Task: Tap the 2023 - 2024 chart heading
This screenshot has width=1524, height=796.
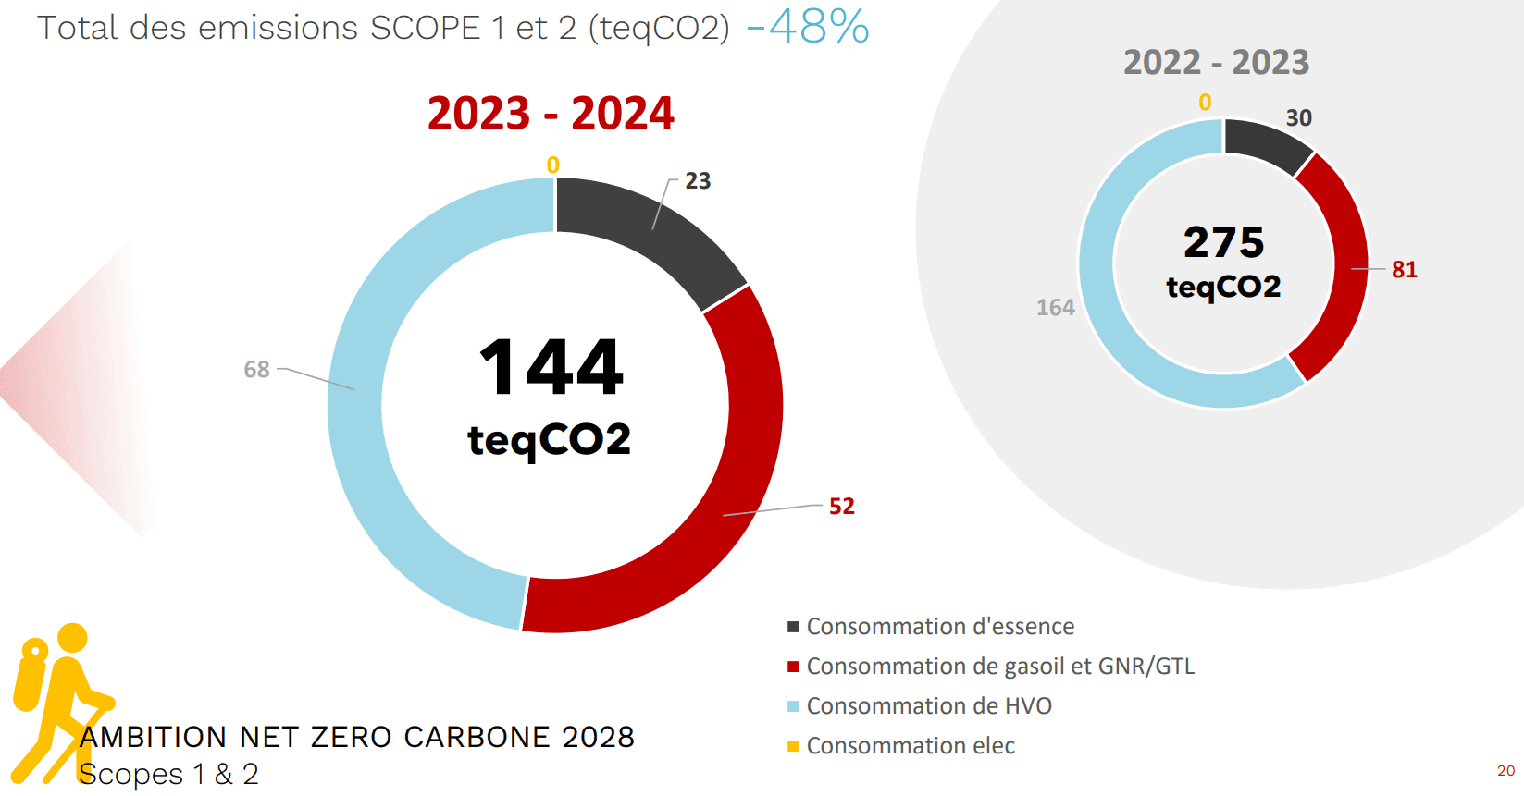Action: tap(551, 114)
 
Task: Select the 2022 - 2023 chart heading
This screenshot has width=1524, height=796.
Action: tap(1216, 63)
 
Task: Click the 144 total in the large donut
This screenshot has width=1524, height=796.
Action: tap(551, 367)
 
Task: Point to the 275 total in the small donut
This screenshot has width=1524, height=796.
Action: tap(1223, 242)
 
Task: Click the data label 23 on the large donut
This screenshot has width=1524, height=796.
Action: tap(698, 181)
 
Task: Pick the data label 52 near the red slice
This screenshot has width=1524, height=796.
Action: tap(841, 507)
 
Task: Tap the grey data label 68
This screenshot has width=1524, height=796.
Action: tap(256, 370)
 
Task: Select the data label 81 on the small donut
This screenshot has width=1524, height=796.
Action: tap(1404, 270)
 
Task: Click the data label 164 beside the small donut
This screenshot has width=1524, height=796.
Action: tap(1055, 308)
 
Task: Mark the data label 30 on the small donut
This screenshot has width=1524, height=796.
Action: tap(1298, 118)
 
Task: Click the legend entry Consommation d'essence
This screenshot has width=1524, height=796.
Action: tap(940, 627)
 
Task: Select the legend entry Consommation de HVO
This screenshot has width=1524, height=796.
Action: tap(929, 706)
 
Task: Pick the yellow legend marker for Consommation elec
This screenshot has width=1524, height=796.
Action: tap(793, 746)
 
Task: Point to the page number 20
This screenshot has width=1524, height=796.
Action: tap(1505, 771)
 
